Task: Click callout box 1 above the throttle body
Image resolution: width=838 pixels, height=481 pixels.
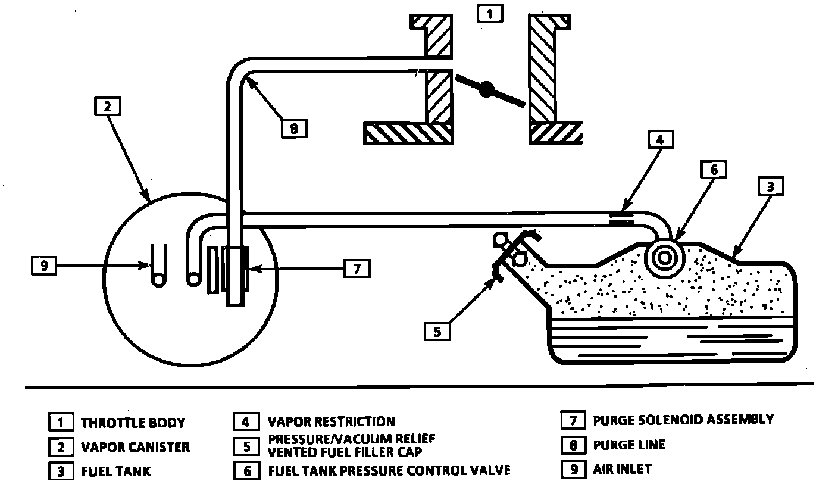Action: (490, 14)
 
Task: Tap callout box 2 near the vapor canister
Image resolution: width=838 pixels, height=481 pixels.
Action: (107, 107)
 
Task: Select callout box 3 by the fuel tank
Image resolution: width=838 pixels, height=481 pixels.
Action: (770, 186)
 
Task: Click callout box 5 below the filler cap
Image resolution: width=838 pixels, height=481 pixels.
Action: (437, 332)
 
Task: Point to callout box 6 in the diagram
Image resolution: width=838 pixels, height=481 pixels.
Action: (714, 170)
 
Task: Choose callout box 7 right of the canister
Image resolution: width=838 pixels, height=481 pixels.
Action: (357, 268)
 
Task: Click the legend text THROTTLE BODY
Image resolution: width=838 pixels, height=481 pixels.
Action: (133, 423)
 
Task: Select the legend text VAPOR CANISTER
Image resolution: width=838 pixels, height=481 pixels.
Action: (136, 447)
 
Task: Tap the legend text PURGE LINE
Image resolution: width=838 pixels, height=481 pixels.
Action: (629, 445)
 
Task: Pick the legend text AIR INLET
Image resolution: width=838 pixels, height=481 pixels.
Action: (623, 469)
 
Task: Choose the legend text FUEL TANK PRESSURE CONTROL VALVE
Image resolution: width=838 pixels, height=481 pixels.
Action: (389, 471)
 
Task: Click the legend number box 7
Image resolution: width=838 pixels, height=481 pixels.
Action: (573, 421)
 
